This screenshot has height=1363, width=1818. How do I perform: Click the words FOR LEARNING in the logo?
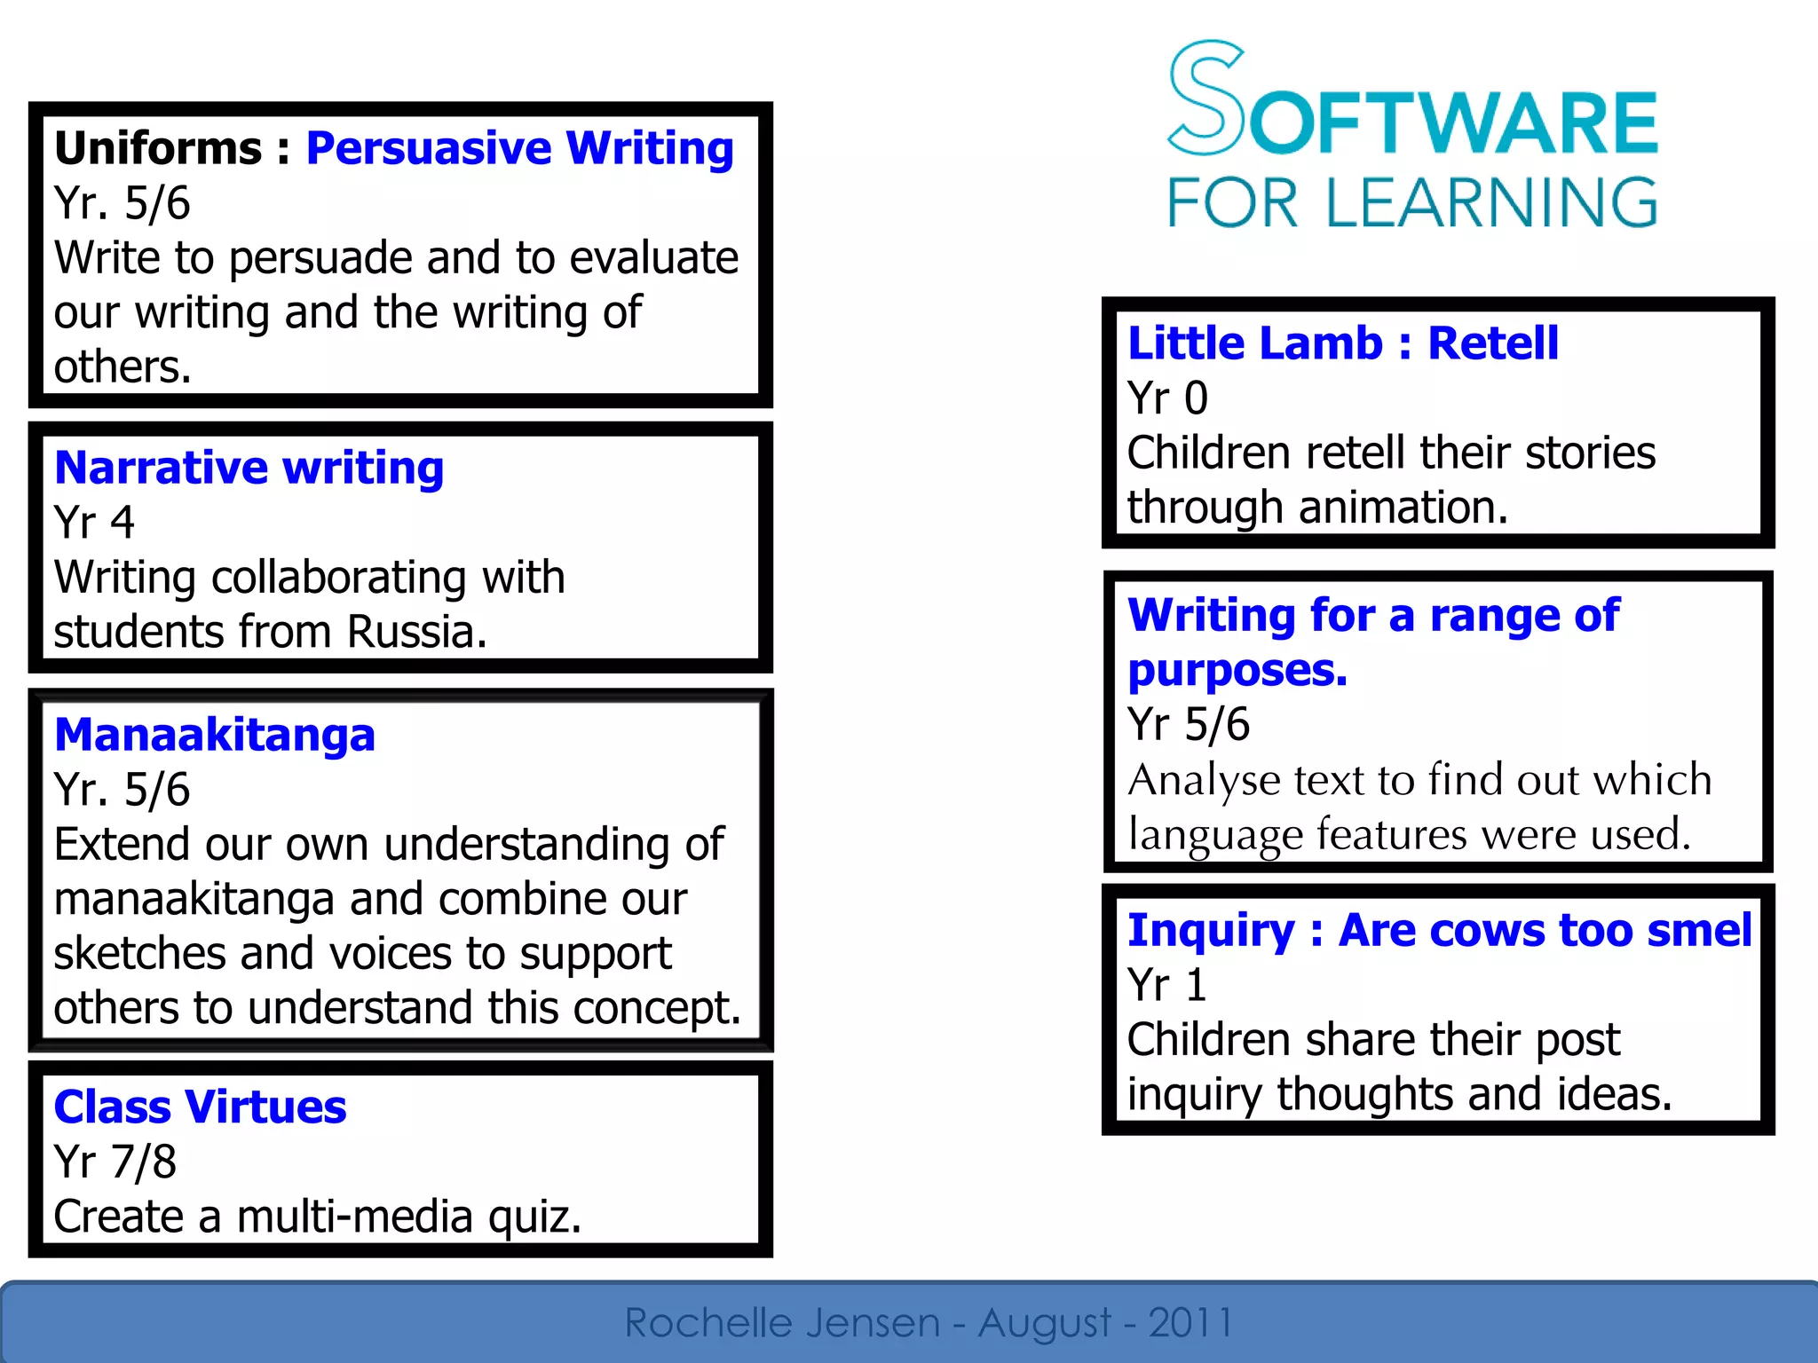[x=1411, y=203]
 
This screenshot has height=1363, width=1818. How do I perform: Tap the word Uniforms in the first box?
[x=158, y=148]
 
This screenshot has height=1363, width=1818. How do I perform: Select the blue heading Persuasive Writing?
[x=519, y=148]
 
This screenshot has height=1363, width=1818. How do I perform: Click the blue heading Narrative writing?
[x=249, y=468]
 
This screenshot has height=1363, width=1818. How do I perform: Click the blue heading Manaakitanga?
[x=215, y=735]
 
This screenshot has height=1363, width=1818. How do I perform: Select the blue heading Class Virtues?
[x=200, y=1107]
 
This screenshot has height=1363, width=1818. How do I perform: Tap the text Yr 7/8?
[x=115, y=1162]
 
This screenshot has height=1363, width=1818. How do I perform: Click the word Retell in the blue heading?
[x=1492, y=343]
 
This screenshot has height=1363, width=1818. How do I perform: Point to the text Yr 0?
[x=1167, y=398]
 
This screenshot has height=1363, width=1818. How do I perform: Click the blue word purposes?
[x=1237, y=671]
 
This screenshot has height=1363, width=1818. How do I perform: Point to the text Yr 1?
[x=1166, y=985]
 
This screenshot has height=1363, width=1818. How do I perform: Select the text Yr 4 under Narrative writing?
[x=94, y=523]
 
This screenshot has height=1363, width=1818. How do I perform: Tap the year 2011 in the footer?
[x=1190, y=1323]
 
